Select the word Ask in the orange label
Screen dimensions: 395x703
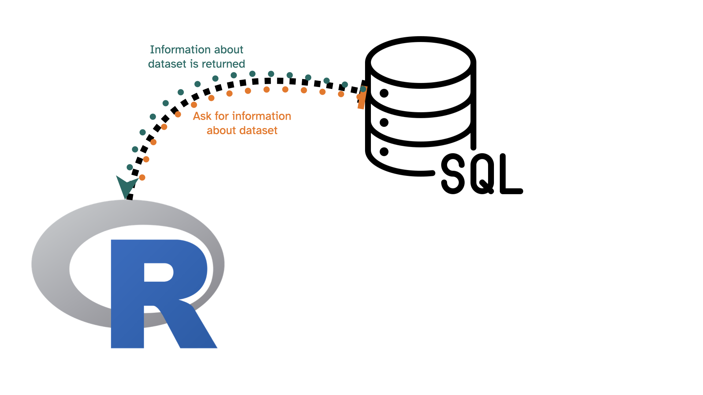(202, 116)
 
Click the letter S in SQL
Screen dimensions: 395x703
(453, 173)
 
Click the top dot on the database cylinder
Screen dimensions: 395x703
(384, 93)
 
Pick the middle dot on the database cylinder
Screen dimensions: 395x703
(384, 122)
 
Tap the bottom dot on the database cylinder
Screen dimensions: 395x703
(384, 151)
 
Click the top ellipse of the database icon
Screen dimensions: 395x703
(421, 62)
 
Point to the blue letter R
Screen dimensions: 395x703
(128, 293)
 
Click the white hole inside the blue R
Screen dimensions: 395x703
(158, 272)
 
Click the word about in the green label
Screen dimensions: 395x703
(229, 49)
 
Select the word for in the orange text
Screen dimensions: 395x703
(222, 116)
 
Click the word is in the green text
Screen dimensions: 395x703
(194, 64)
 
